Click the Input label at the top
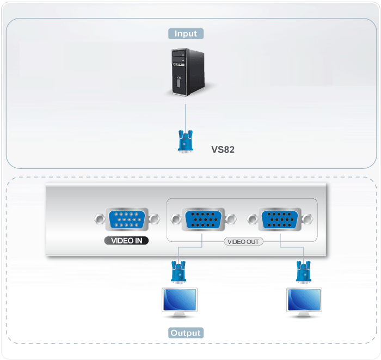coord(186,33)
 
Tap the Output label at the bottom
coord(186,333)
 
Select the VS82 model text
coord(223,149)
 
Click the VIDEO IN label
coord(126,240)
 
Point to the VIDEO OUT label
coord(243,241)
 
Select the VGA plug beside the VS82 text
coord(186,141)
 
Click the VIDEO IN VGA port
coord(126,219)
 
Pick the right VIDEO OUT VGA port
coord(280,219)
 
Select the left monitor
coord(179,300)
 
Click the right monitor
coord(304,300)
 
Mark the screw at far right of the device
coord(307,219)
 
